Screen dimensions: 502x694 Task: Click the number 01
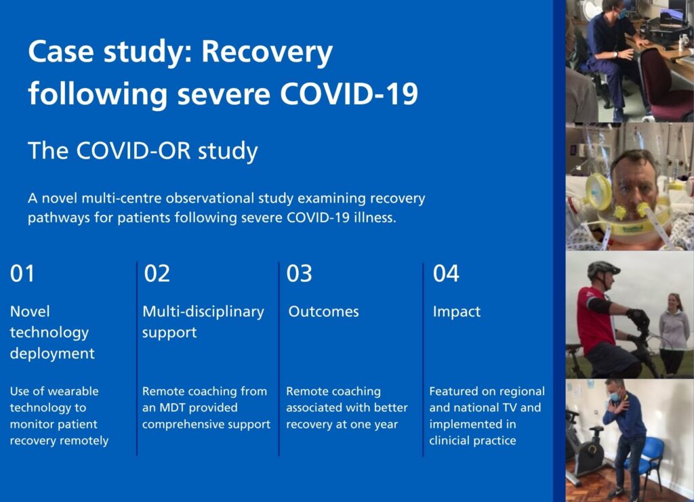click(22, 273)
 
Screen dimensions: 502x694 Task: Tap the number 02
click(157, 273)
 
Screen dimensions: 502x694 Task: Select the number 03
click(299, 273)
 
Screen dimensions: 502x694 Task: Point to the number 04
click(446, 273)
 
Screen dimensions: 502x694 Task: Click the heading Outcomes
click(323, 312)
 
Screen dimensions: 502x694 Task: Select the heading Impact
click(456, 312)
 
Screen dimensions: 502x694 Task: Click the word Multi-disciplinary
click(203, 312)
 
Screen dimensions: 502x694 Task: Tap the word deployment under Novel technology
click(52, 354)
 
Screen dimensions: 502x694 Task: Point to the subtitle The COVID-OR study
click(142, 150)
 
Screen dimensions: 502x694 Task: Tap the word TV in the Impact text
click(510, 408)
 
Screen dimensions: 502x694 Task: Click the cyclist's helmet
click(603, 269)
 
